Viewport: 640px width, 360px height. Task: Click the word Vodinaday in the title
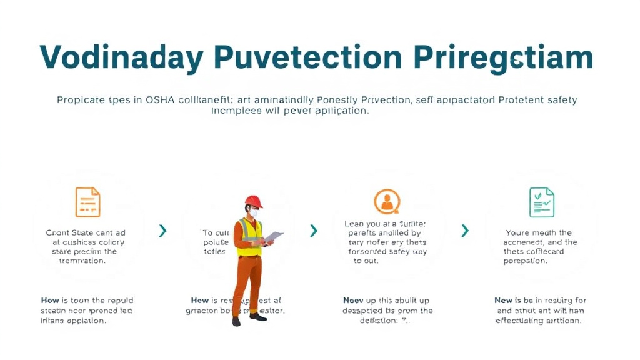(x=121, y=58)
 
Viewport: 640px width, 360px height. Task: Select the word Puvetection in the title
(x=307, y=58)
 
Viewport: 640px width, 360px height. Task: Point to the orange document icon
(x=87, y=202)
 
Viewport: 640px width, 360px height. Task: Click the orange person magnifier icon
(x=387, y=202)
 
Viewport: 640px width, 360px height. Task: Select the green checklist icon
(x=541, y=202)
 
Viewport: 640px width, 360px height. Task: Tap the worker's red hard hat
(x=253, y=201)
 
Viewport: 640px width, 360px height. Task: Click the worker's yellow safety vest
(x=249, y=237)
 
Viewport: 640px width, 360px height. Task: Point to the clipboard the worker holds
(x=273, y=237)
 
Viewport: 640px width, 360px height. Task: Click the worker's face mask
(x=254, y=213)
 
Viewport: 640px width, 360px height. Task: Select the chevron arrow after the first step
(x=162, y=231)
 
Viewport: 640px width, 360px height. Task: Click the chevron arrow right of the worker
(x=314, y=231)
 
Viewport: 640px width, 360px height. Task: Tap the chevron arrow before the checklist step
(x=464, y=231)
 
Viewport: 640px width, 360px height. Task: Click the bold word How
(x=49, y=301)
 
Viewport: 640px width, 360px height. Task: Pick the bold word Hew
(x=200, y=301)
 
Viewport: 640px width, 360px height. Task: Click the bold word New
(x=503, y=301)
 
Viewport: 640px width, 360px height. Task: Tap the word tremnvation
(x=79, y=261)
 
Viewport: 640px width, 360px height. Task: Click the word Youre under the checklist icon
(x=518, y=232)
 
